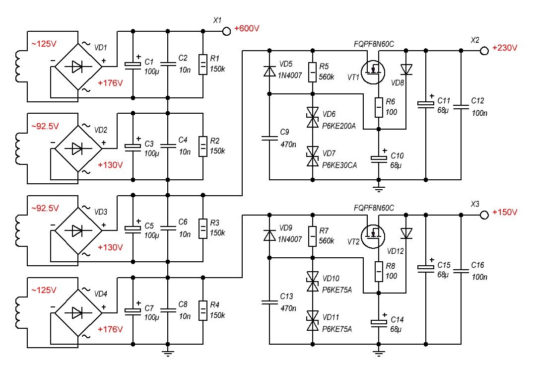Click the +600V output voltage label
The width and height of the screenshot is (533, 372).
pos(247,28)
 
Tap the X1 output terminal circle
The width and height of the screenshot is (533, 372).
pos(226,31)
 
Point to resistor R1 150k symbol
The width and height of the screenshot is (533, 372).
pos(202,64)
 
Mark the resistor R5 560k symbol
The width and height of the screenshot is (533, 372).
pos(312,73)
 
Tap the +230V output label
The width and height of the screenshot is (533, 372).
pos(505,48)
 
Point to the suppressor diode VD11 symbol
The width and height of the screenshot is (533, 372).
pos(312,320)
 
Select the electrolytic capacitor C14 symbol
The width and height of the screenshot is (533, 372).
pos(379,322)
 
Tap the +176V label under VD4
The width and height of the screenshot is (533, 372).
pos(110,329)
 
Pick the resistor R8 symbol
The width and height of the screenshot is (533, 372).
pos(379,271)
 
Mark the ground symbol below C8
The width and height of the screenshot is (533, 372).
pos(168,354)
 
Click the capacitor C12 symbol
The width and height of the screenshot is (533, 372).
pos(461,105)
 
